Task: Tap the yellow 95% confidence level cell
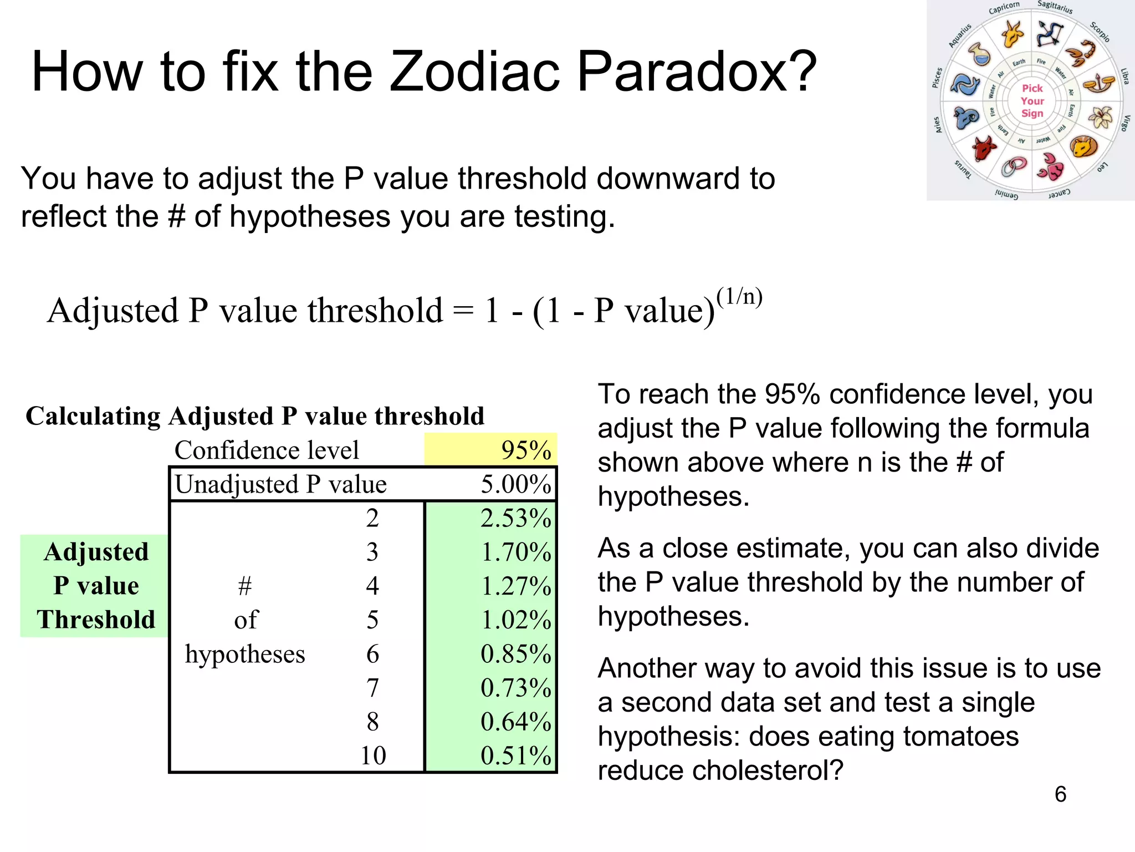[x=490, y=450]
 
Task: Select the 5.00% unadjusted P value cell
[x=515, y=484]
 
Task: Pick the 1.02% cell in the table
[x=515, y=620]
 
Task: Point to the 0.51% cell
[x=515, y=755]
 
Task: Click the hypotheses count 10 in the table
[x=373, y=755]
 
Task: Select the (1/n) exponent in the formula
[x=739, y=297]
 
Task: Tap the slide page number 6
[x=1060, y=794]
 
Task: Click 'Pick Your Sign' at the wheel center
[x=1032, y=101]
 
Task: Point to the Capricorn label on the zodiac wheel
[x=1004, y=8]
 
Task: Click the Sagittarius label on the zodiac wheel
[x=1055, y=7]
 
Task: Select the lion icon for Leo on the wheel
[x=1083, y=146]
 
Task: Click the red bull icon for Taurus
[x=984, y=149]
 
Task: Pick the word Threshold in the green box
[x=96, y=620]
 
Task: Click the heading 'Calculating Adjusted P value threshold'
[x=255, y=416]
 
